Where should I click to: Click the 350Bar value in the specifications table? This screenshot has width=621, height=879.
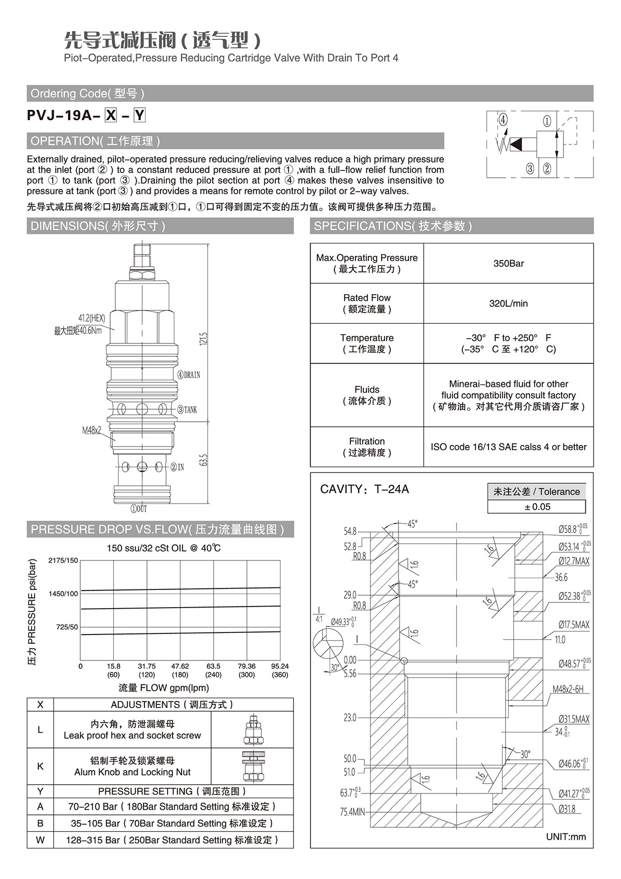pyautogui.click(x=508, y=264)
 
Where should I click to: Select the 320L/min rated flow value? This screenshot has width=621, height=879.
pyautogui.click(x=508, y=304)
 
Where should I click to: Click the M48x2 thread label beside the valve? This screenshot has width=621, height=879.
pyautogui.click(x=92, y=430)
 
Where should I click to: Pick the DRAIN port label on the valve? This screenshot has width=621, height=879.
pyautogui.click(x=189, y=375)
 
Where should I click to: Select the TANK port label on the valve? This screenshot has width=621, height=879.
pyautogui.click(x=187, y=410)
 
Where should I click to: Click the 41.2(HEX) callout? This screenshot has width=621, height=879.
pyautogui.click(x=92, y=318)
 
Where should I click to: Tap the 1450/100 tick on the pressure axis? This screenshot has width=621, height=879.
pyautogui.click(x=63, y=594)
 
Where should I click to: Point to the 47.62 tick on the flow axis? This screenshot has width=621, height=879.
pyautogui.click(x=180, y=666)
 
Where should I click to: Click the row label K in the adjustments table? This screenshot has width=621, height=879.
pyautogui.click(x=40, y=766)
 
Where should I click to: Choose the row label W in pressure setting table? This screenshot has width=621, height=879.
pyautogui.click(x=40, y=840)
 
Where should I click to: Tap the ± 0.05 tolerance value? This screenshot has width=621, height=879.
pyautogui.click(x=537, y=507)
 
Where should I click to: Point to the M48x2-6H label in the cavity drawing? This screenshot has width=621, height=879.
pyautogui.click(x=568, y=689)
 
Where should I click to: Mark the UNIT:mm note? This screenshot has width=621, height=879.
pyautogui.click(x=566, y=837)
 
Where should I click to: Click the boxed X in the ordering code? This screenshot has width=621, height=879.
pyautogui.click(x=111, y=116)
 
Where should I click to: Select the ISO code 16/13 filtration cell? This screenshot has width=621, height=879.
pyautogui.click(x=508, y=447)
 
